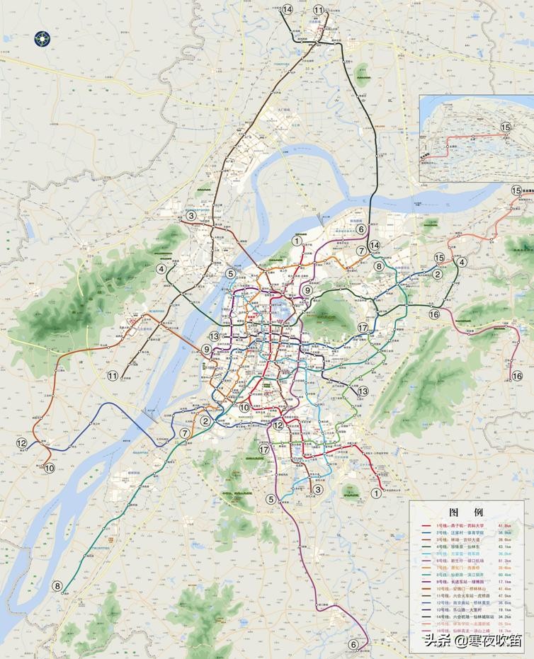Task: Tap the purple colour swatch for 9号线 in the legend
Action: click(x=425, y=583)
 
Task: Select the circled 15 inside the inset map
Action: click(x=506, y=127)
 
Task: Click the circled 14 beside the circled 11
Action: click(x=287, y=9)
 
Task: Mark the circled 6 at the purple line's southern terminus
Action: click(x=353, y=644)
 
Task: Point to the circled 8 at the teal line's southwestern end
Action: click(x=57, y=585)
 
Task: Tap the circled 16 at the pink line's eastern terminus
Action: click(x=518, y=376)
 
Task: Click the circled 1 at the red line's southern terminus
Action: click(x=375, y=502)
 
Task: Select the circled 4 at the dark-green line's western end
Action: click(x=163, y=269)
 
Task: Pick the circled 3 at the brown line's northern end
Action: click(x=191, y=215)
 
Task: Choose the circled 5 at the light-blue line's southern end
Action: click(x=271, y=499)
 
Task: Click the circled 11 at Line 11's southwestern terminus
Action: click(x=113, y=375)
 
